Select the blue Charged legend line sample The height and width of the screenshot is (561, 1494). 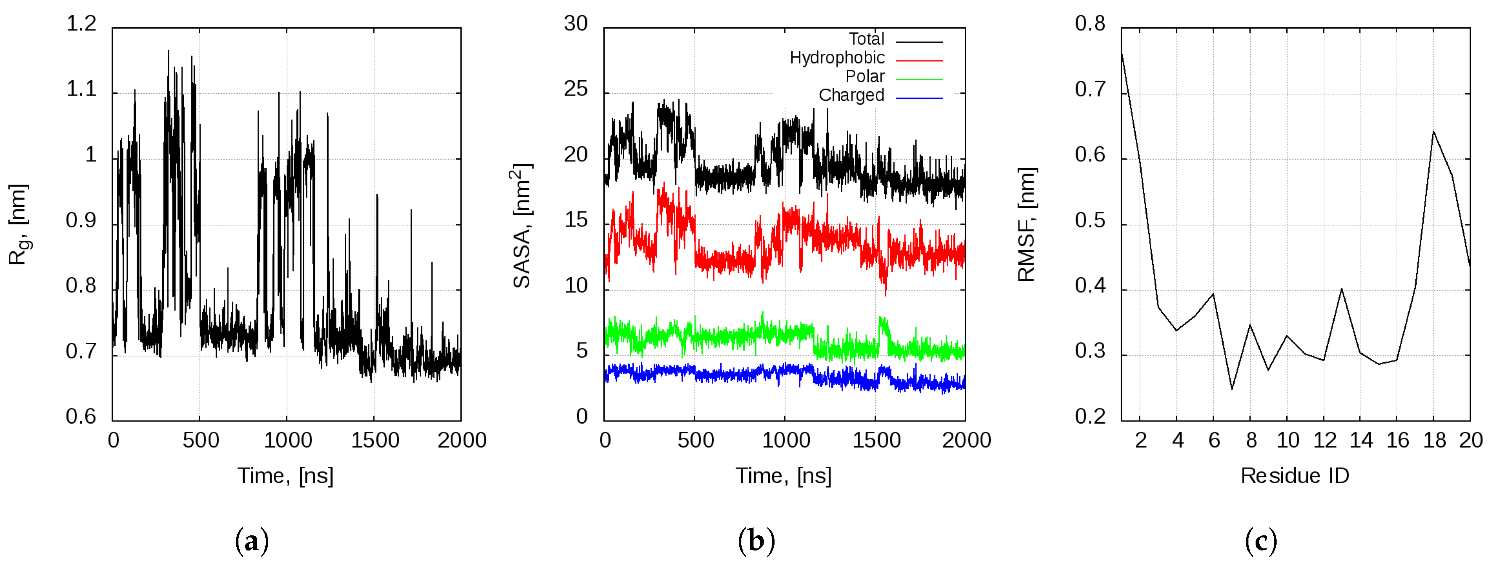pos(919,98)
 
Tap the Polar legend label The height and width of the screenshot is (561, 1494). pos(865,76)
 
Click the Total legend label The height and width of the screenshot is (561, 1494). pos(867,39)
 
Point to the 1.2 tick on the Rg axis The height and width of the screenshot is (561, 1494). pos(81,24)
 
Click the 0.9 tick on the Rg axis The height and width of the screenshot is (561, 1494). pos(81,221)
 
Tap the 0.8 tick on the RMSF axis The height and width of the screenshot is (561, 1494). pos(1090,24)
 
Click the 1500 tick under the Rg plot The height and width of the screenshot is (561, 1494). pos(375,440)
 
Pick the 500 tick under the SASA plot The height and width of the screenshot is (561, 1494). pos(695,440)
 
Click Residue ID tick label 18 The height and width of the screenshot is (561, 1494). pos(1434,440)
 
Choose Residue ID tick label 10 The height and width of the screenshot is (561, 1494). pos(1288,440)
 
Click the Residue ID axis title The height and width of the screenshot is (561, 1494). pos(1295,476)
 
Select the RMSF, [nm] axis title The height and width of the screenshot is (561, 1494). pos(1026,224)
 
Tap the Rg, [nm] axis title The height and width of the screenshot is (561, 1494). pos(19,224)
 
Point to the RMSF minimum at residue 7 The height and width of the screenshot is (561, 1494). pos(1232,389)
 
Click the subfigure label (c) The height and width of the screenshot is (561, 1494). pos(1261,541)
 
